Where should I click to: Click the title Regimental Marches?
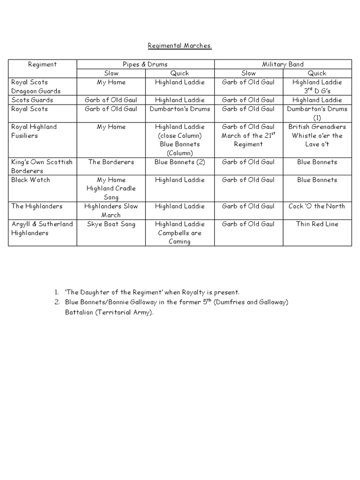click(x=180, y=45)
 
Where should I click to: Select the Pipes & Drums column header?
click(x=145, y=64)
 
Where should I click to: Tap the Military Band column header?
click(x=283, y=64)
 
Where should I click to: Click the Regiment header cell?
click(x=42, y=64)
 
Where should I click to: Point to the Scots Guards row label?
click(x=32, y=100)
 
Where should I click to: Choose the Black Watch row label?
click(x=31, y=180)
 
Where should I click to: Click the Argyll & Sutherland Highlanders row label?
click(x=42, y=228)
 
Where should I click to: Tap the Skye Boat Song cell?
click(x=111, y=224)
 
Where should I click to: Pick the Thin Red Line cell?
click(x=317, y=224)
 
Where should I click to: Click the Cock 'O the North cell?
click(x=317, y=206)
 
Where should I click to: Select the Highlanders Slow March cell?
click(x=111, y=210)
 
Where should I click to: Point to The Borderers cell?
click(x=111, y=162)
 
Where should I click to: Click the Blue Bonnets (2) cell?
click(x=180, y=162)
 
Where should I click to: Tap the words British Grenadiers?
click(x=317, y=127)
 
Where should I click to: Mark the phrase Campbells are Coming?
click(x=180, y=237)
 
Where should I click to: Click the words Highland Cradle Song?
click(x=111, y=193)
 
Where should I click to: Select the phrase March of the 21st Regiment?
click(x=248, y=140)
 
